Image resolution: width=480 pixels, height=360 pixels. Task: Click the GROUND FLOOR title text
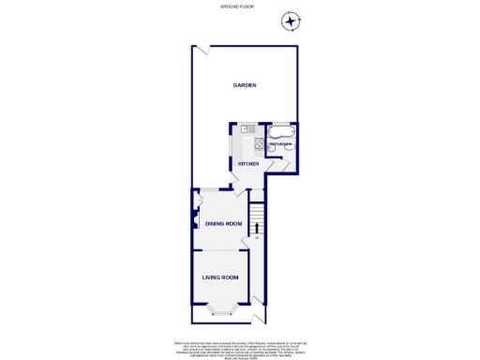coord(239,7)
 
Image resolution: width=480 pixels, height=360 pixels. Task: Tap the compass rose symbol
coord(292,20)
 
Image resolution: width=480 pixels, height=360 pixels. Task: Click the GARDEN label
coord(245,85)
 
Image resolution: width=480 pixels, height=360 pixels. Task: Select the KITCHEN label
coord(247,164)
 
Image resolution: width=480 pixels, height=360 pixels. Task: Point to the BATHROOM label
coord(281,144)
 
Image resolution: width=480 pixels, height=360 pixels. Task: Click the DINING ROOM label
coord(224,223)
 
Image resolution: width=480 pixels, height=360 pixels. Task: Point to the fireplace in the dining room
coord(195,223)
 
